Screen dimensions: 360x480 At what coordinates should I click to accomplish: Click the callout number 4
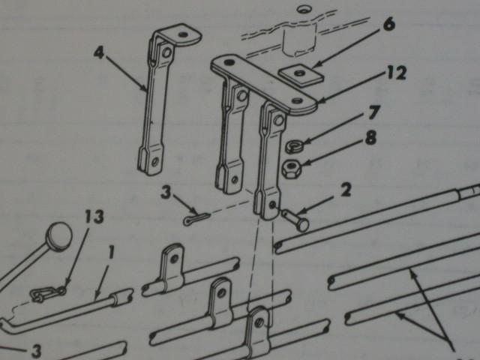pos(99,52)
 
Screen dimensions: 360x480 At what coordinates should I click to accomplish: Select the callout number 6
pos(387,24)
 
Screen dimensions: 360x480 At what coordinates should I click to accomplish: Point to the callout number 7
pos(373,115)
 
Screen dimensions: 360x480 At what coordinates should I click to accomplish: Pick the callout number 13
pos(94,218)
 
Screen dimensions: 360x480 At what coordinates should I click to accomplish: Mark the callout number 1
pos(111,253)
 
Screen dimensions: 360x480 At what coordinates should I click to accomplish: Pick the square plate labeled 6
pos(300,76)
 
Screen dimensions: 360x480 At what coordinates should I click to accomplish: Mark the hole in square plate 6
pos(301,73)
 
